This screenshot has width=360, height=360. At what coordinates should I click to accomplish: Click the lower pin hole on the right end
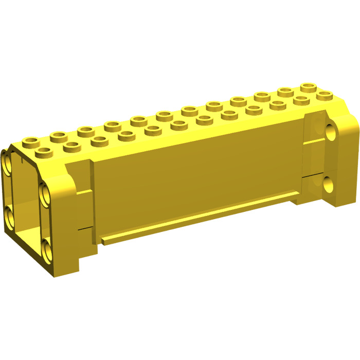tap(328, 181)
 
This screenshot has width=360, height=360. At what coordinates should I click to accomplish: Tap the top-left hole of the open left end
tap(9, 166)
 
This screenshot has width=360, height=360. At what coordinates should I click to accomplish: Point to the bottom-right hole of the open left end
tap(48, 251)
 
